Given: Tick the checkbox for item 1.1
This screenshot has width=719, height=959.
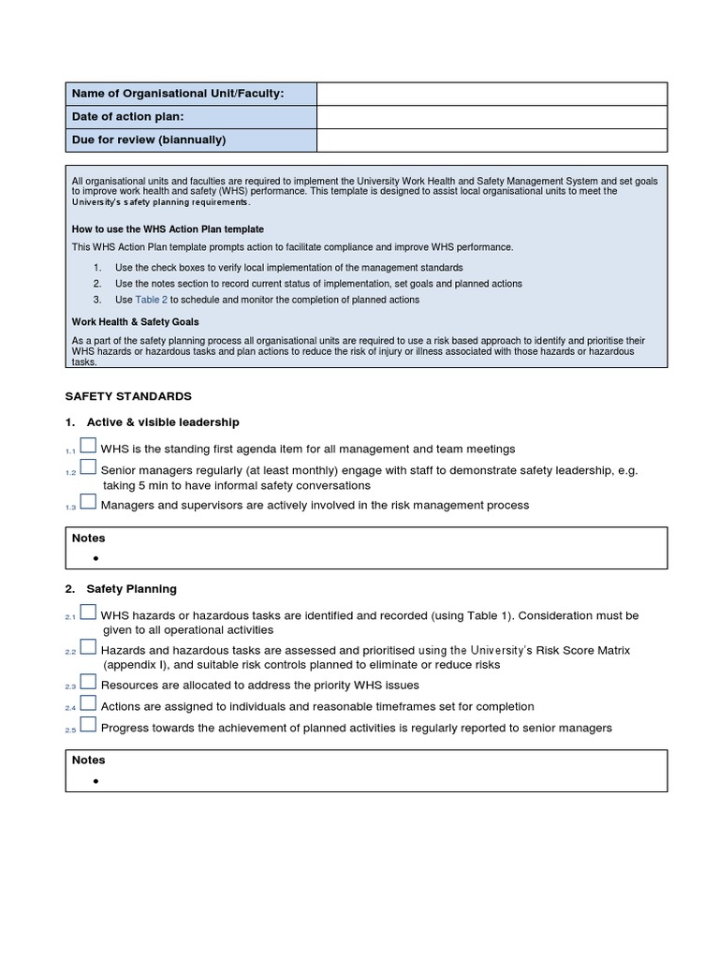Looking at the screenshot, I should point(87,447).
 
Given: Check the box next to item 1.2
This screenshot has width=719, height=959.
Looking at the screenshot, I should point(87,467).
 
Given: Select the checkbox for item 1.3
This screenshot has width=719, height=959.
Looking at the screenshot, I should point(87,502).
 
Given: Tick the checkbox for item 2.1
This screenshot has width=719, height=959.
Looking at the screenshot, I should point(87,612).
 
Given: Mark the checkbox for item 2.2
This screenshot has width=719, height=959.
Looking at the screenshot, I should point(87,647).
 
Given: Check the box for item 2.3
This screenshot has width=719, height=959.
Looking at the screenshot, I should point(87,683).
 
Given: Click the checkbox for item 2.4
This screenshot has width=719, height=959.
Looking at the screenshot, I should point(87,703).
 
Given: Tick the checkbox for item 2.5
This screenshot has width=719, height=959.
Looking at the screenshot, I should point(87,725).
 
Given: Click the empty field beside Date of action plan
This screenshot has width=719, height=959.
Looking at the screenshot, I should point(492,117).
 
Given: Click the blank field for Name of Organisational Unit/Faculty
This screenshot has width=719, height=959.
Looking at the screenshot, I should point(492,94).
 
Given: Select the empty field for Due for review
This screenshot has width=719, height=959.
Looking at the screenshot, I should point(492,140).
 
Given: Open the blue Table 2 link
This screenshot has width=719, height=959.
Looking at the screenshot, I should point(151,300).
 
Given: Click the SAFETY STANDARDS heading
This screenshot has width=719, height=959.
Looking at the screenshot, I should point(128,397).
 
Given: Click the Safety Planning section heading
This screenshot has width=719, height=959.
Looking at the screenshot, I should point(131,589).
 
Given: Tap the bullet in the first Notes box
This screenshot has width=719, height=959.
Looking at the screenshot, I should point(95,558).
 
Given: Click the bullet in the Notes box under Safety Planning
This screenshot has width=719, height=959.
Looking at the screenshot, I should point(95,780).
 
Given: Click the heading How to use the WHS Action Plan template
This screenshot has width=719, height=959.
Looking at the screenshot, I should point(168,229).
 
